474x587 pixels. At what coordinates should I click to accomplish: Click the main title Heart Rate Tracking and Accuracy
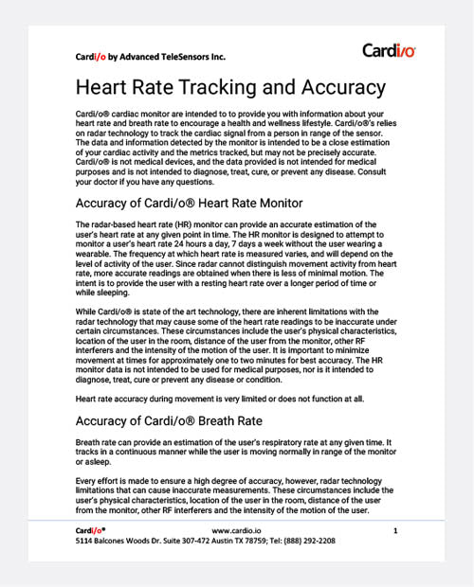pyautogui.click(x=230, y=88)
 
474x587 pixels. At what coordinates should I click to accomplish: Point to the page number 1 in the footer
pyautogui.click(x=394, y=532)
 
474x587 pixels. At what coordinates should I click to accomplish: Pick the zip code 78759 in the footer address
pyautogui.click(x=250, y=543)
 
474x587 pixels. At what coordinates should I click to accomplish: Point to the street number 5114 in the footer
pyautogui.click(x=83, y=543)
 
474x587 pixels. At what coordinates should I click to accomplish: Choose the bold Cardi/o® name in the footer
pyautogui.click(x=90, y=532)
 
